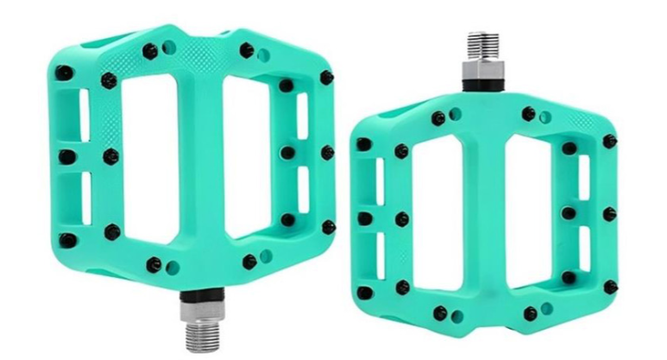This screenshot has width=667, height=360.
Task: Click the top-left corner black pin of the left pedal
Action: pos(66,73)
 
